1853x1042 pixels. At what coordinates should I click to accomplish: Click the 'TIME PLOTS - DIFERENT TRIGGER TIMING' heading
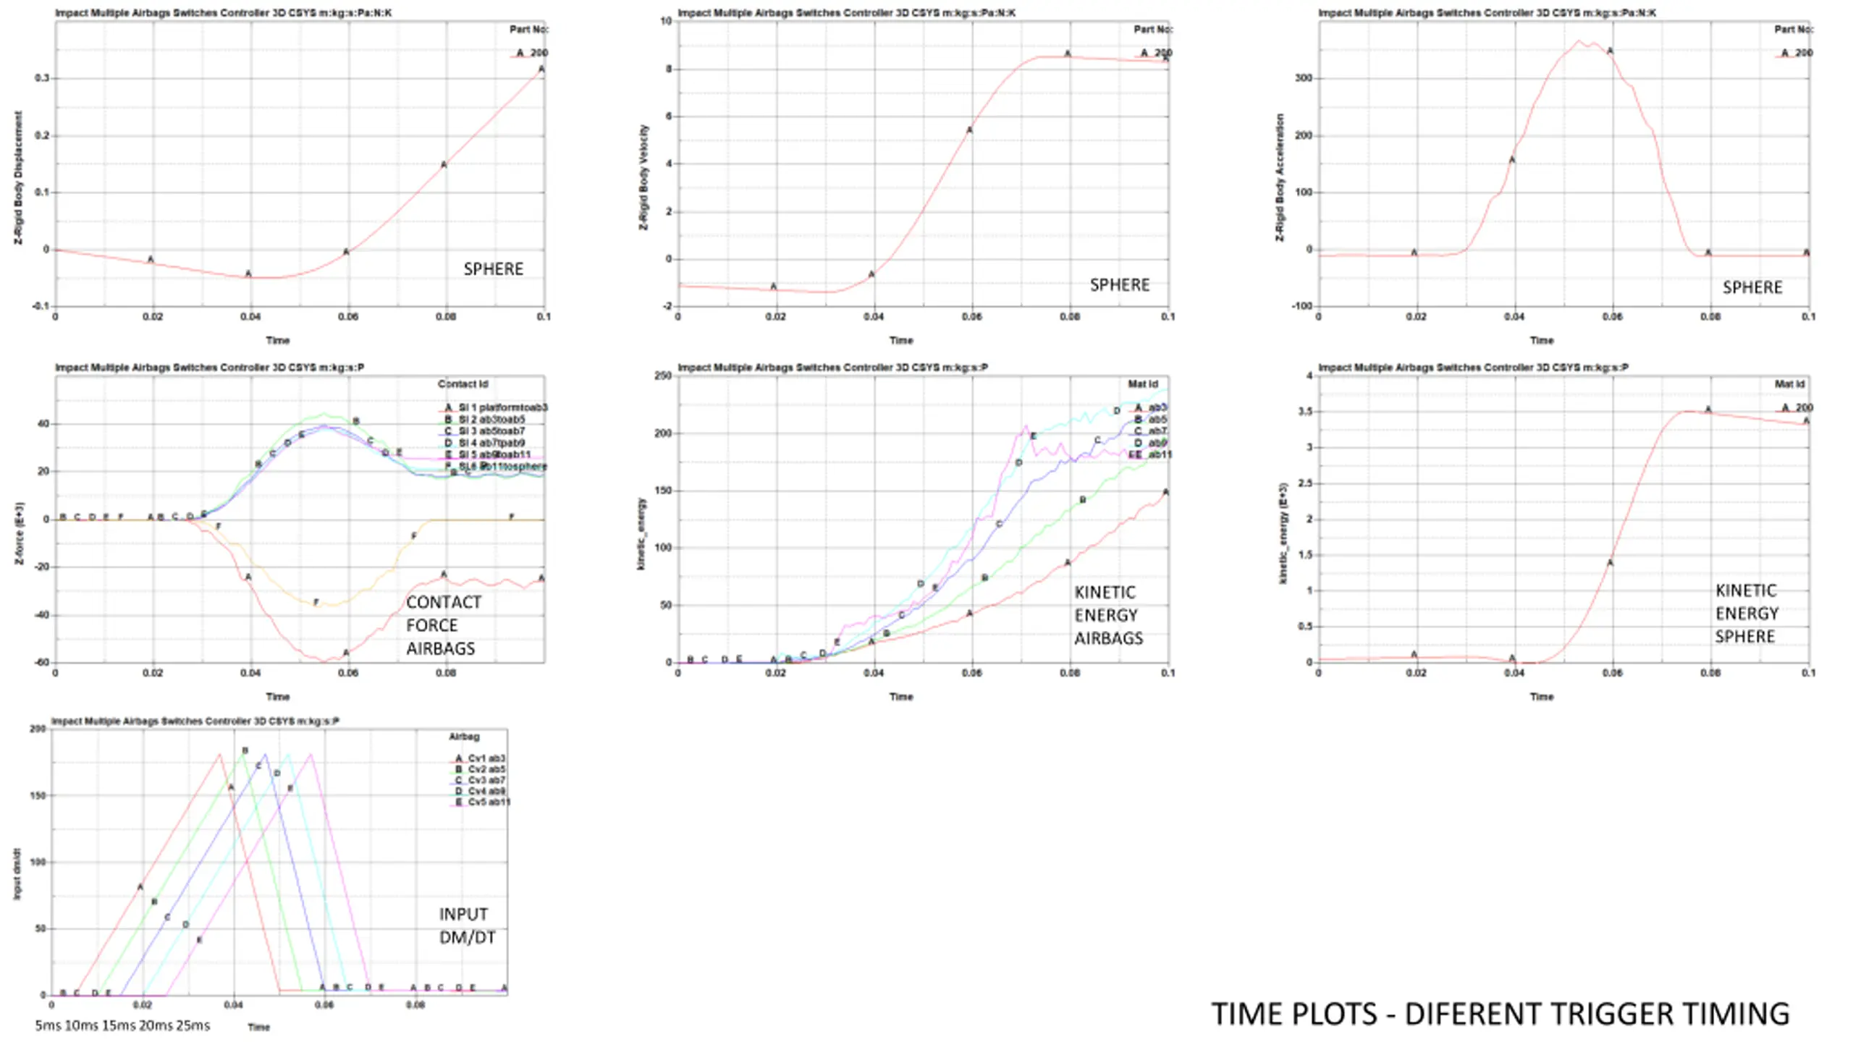[1500, 1014]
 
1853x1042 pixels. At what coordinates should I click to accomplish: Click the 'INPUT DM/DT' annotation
[467, 925]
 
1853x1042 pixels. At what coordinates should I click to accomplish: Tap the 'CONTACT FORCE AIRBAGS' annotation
[442, 625]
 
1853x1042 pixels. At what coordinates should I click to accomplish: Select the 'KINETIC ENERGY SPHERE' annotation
[1746, 614]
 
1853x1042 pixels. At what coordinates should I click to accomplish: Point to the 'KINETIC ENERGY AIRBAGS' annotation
[1107, 615]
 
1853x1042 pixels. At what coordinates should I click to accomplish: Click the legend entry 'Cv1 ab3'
[486, 758]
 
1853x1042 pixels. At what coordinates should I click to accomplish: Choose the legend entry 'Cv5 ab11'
[489, 802]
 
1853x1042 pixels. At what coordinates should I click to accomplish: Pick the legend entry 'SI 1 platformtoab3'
[502, 407]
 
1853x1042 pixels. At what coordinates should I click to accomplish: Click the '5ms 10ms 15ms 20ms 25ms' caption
[122, 1025]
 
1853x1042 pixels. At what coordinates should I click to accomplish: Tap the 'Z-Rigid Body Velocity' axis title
[643, 177]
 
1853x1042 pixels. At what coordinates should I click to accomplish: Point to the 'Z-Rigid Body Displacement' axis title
[19, 177]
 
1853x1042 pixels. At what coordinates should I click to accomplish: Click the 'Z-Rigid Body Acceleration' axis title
[1280, 177]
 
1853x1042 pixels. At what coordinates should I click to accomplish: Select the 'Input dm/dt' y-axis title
[17, 874]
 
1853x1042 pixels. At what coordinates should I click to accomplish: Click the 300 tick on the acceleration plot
[1303, 78]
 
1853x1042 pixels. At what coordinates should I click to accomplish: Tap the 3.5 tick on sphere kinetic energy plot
[1304, 412]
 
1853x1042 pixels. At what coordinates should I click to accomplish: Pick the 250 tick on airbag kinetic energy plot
[662, 376]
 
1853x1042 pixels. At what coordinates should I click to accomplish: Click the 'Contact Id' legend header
[463, 384]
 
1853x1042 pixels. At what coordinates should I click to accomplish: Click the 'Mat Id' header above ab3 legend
[1142, 384]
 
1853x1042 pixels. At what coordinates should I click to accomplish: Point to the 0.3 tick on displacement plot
[42, 78]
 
